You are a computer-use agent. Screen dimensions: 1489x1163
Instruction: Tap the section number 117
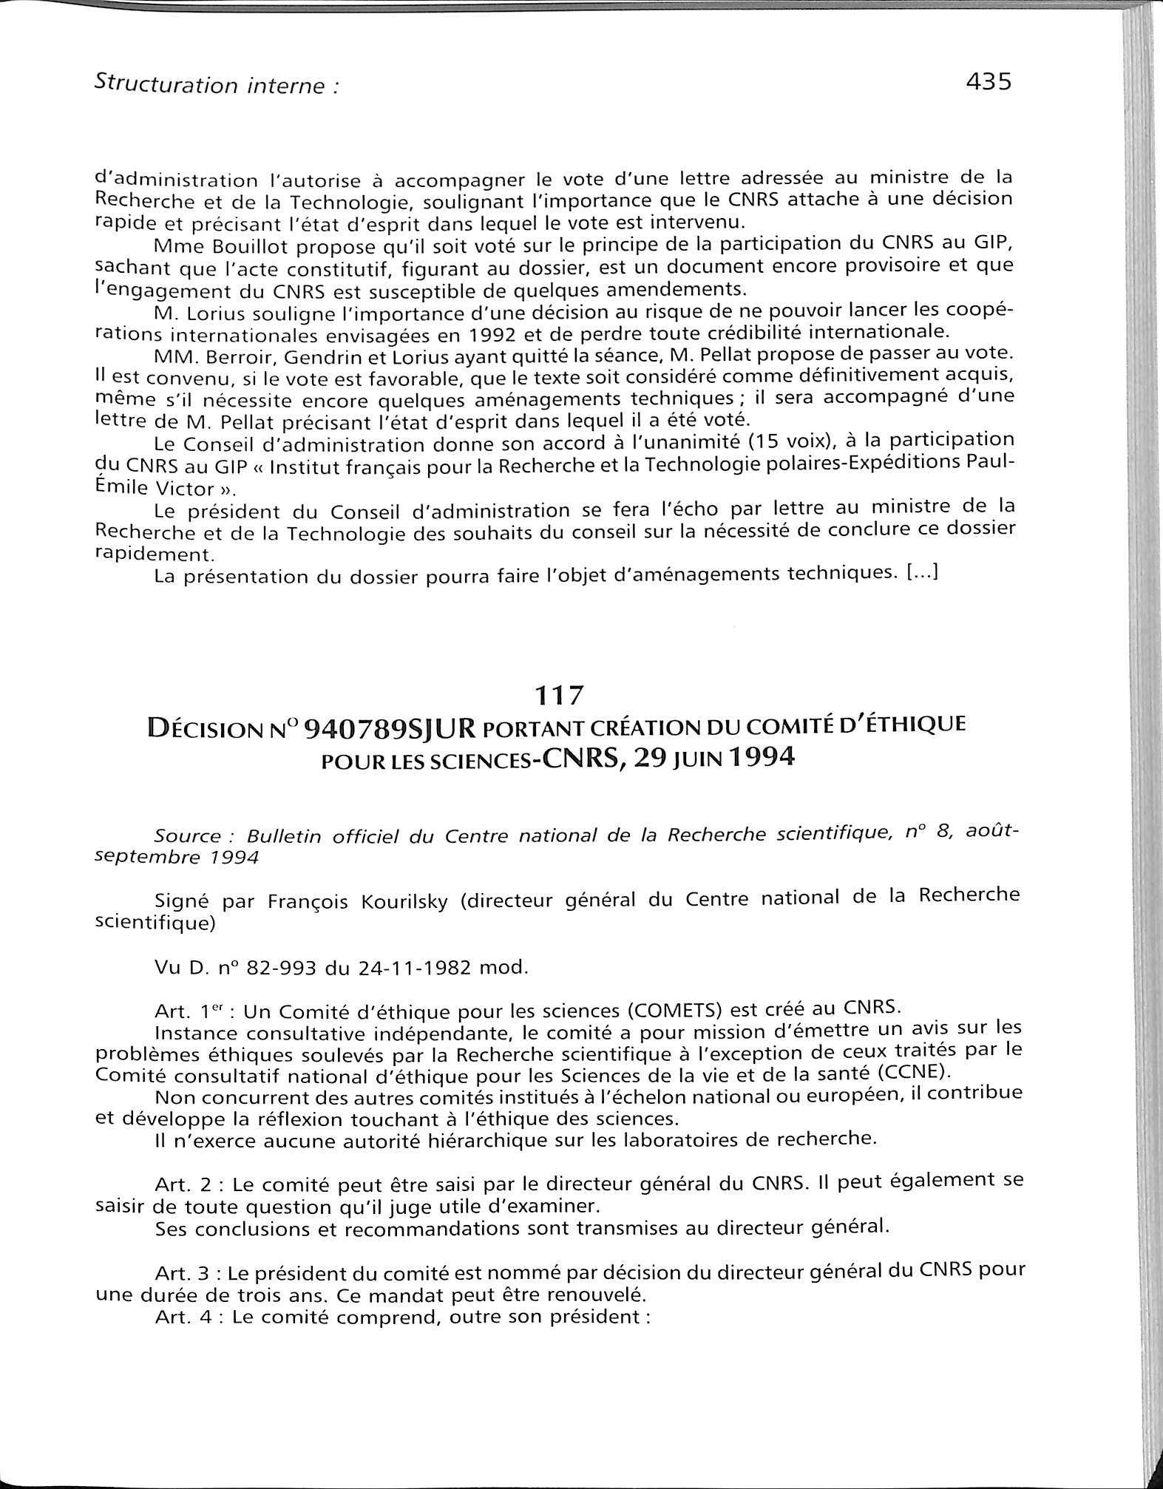click(x=559, y=695)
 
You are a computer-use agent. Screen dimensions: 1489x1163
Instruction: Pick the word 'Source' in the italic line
click(x=187, y=836)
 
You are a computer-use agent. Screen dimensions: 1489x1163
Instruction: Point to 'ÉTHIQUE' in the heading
click(x=920, y=723)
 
